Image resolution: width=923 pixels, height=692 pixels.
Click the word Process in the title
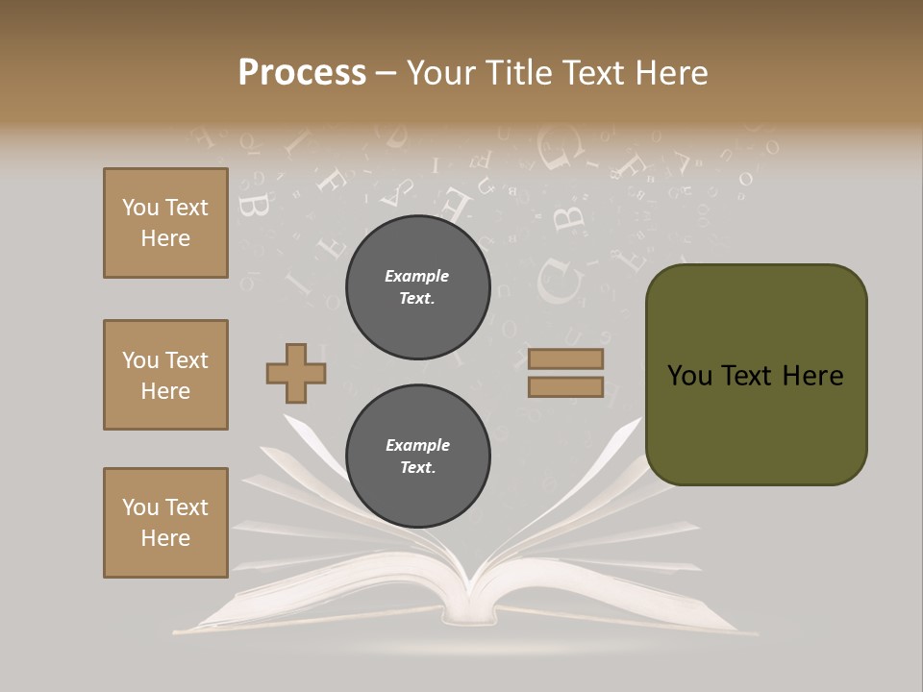pyautogui.click(x=302, y=73)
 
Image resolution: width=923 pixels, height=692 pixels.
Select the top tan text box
pyautogui.click(x=165, y=223)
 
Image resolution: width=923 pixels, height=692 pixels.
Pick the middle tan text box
pyautogui.click(x=165, y=375)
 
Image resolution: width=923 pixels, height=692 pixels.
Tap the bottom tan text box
pyautogui.click(x=165, y=523)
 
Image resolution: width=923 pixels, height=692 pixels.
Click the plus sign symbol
pyautogui.click(x=296, y=373)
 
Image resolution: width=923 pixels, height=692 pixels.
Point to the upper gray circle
pyautogui.click(x=417, y=287)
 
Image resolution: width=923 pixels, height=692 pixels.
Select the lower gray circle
pyautogui.click(x=417, y=457)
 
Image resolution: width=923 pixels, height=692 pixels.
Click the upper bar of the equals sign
pyautogui.click(x=565, y=358)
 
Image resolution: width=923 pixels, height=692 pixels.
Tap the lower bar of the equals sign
pyautogui.click(x=565, y=387)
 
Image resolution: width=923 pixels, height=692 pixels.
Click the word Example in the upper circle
pyautogui.click(x=417, y=276)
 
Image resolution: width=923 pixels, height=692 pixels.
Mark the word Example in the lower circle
pyautogui.click(x=417, y=445)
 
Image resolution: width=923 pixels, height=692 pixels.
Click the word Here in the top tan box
pyautogui.click(x=165, y=238)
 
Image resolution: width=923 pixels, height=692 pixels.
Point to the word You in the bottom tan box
pyautogui.click(x=140, y=507)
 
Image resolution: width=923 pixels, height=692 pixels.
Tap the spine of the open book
pyautogui.click(x=468, y=601)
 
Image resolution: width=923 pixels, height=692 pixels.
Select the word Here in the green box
pyautogui.click(x=812, y=376)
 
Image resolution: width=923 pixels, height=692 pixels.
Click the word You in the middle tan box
pyautogui.click(x=140, y=360)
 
